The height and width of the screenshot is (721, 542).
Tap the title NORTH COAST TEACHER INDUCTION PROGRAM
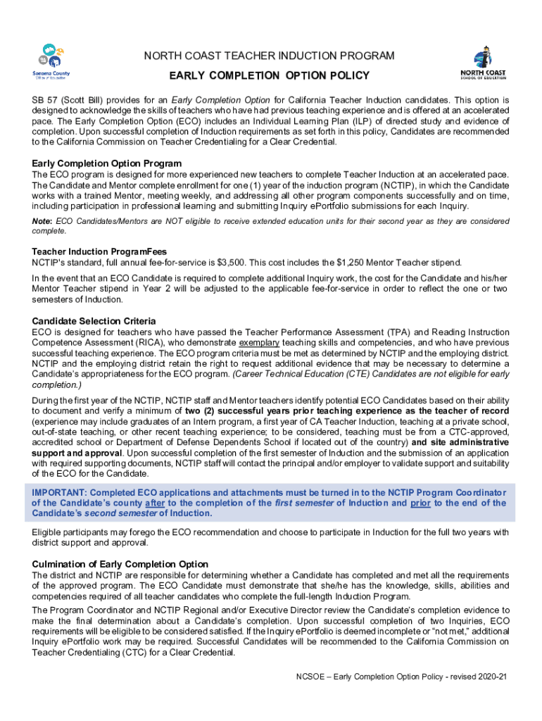click(x=270, y=56)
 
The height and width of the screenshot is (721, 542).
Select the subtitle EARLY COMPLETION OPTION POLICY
click(x=270, y=76)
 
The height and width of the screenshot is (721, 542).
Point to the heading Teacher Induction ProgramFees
click(x=99, y=251)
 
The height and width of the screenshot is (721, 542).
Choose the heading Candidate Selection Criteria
click(x=94, y=321)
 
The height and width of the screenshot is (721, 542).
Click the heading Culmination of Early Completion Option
click(x=120, y=564)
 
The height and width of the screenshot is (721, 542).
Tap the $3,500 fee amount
click(x=217, y=263)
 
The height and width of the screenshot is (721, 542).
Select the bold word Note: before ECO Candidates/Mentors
click(x=42, y=222)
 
